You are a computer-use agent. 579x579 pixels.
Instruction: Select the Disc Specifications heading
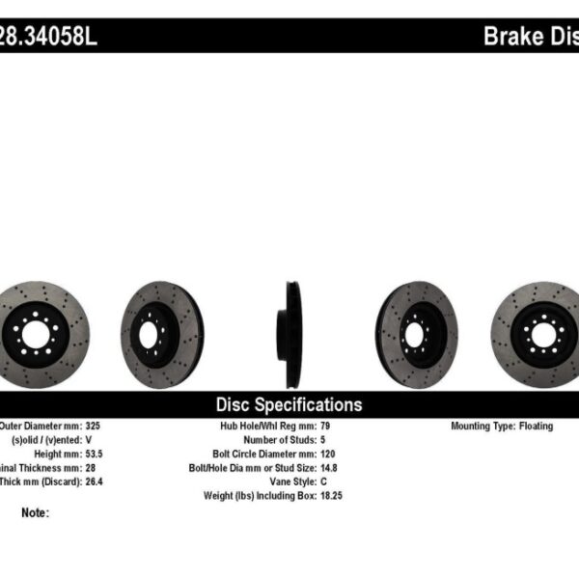(x=289, y=405)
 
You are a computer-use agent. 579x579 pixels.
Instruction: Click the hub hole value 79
(x=323, y=426)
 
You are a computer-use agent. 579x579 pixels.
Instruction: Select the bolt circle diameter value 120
(x=326, y=453)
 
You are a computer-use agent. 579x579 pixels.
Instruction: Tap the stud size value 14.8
(x=328, y=467)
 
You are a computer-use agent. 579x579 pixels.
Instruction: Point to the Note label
(x=34, y=513)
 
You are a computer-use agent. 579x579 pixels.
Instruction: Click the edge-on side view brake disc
(x=289, y=334)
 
